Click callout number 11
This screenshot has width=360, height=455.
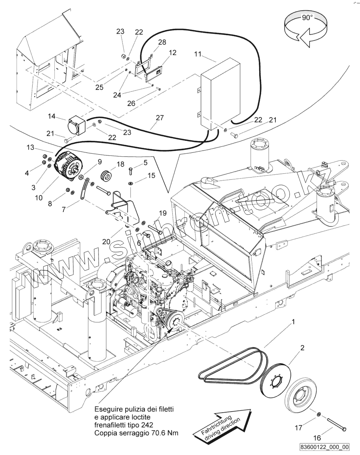tap(197, 54)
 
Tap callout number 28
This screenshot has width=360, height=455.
tap(162, 42)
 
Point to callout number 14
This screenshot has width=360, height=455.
tap(52, 116)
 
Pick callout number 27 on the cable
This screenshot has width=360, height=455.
tap(160, 118)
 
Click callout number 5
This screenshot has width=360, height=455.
tap(145, 163)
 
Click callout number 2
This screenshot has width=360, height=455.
tap(302, 348)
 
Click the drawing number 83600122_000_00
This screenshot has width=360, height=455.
tap(324, 447)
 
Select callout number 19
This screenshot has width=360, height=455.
tap(162, 213)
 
